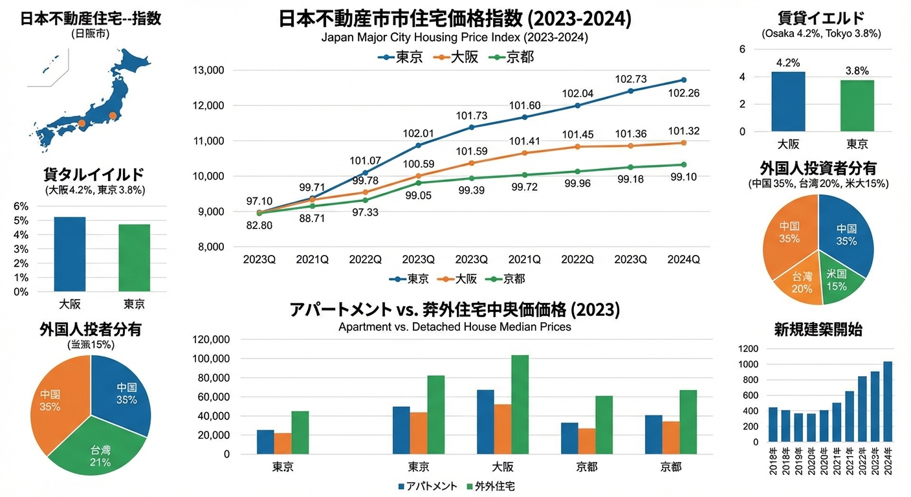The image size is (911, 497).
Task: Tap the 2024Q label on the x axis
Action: (683, 260)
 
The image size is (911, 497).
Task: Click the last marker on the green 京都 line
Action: (684, 164)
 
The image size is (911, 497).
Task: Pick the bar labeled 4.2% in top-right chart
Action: (787, 101)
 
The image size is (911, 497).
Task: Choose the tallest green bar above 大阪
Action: (520, 404)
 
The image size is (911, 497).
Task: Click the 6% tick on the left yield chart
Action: (21, 206)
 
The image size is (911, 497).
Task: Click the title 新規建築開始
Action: (818, 329)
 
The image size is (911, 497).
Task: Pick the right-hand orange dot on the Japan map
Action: (113, 116)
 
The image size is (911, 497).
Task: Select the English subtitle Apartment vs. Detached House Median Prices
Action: (455, 327)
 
